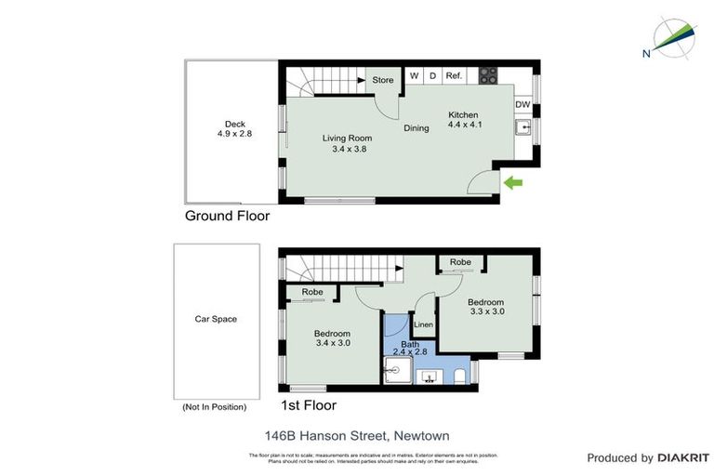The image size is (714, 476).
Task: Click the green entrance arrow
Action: [513, 183]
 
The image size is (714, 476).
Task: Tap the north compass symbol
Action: [671, 38]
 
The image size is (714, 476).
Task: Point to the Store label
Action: [383, 80]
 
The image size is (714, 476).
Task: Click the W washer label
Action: [415, 75]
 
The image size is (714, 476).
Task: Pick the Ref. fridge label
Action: [454, 75]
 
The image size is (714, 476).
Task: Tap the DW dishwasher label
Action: [523, 105]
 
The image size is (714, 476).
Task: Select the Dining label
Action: [416, 128]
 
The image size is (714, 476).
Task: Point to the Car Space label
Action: [215, 319]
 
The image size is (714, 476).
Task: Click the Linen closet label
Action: [423, 324]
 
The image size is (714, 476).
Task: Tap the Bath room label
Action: [409, 343]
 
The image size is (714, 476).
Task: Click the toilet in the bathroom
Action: [462, 375]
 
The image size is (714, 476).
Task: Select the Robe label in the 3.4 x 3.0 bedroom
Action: [312, 292]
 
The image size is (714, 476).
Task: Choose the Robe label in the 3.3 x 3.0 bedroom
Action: [460, 263]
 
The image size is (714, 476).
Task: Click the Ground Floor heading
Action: [227, 216]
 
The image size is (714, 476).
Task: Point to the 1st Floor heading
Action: [308, 405]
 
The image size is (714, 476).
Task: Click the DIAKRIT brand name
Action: [682, 457]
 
